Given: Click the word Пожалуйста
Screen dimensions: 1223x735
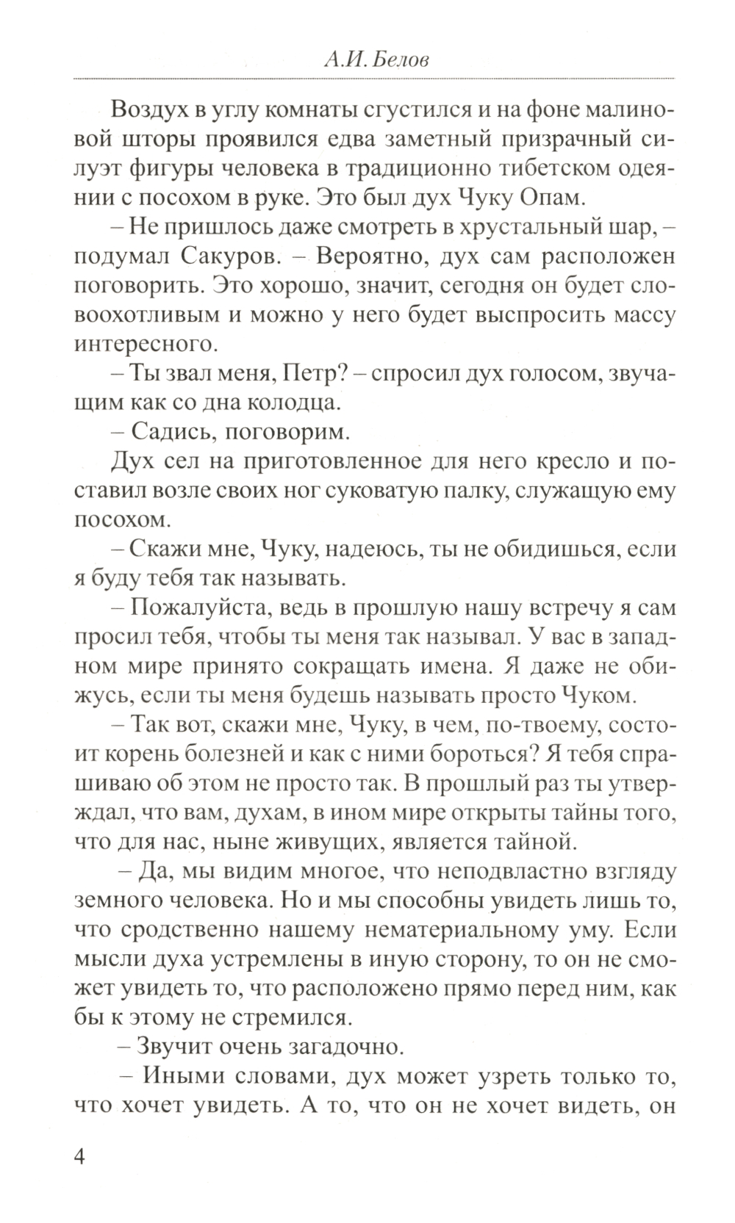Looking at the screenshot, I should [197, 608].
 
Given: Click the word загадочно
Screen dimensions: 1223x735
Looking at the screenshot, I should [340, 1045].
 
